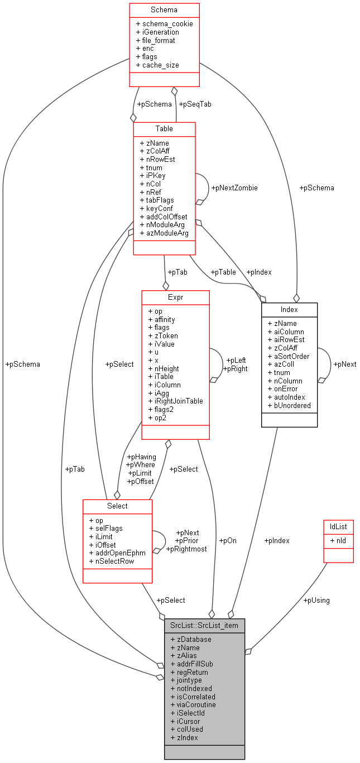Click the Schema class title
pos(164,10)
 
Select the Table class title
pos(164,128)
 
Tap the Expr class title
pos(175,297)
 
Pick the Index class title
pos(289,309)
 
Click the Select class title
pos(117,506)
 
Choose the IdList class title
pos(338,526)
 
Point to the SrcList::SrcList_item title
pos(204,625)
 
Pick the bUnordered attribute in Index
pos(289,405)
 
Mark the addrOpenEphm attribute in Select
pos(117,553)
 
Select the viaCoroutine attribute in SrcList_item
pos(193,704)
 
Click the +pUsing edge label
pos(316,600)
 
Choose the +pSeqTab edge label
pos(195,104)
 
